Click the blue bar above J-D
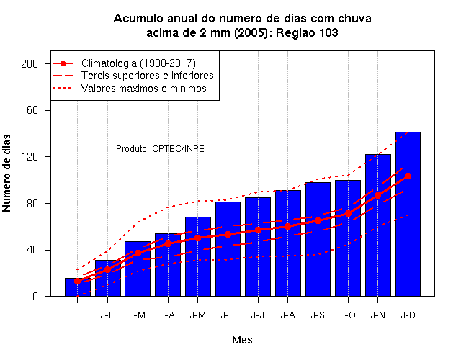click(408, 214)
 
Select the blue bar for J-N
click(377, 225)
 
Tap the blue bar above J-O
click(348, 238)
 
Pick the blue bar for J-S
click(318, 239)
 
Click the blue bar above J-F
click(107, 278)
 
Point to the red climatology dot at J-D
click(408, 176)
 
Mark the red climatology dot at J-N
click(377, 195)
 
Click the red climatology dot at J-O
click(348, 213)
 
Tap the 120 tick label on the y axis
click(30, 157)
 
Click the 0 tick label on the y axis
click(35, 296)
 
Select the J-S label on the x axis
click(318, 315)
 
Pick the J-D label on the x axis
click(408, 315)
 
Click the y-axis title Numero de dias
click(6, 173)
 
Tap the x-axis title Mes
click(242, 340)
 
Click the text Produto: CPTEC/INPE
click(160, 149)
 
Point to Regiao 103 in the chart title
click(307, 32)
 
